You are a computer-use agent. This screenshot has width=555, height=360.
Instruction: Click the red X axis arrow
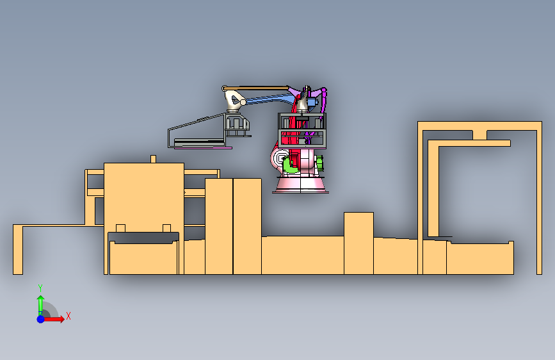tap(56, 318)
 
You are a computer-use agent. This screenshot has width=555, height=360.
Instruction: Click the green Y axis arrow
tap(40, 302)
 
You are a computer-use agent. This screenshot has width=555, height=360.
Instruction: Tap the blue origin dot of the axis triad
tap(40, 318)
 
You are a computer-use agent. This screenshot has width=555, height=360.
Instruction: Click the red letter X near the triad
tap(68, 316)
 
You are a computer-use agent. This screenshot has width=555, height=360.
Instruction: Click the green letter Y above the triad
tap(40, 288)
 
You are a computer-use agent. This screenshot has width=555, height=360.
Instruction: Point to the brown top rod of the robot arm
tap(256, 87)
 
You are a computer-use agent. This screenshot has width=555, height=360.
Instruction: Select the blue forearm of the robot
tap(269, 99)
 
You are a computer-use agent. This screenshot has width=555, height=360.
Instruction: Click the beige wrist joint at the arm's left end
tap(233, 99)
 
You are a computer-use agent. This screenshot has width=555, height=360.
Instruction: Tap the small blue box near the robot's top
tap(312, 102)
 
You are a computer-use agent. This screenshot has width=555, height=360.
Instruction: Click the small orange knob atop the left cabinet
tap(153, 159)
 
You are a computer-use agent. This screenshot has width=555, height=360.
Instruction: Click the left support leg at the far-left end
tap(17, 250)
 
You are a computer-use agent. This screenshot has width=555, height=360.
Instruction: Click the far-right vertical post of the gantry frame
tap(538, 199)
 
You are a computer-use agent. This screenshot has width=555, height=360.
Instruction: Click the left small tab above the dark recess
tap(120, 228)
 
